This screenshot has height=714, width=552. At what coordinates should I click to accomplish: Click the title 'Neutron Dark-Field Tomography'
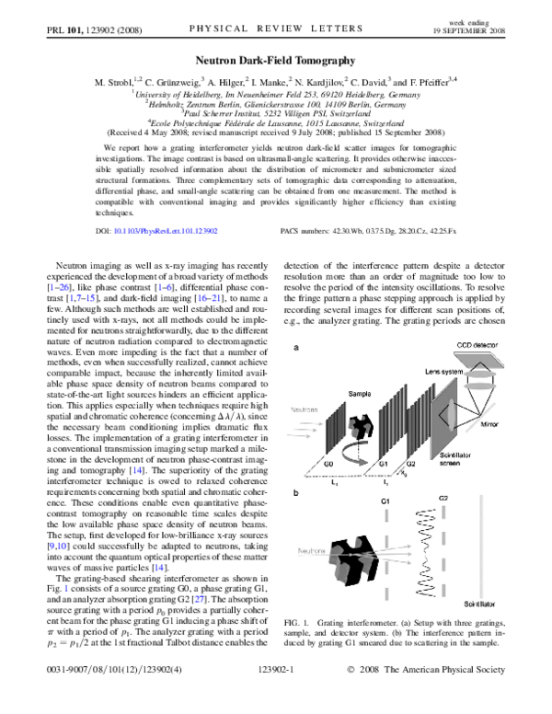275,58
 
